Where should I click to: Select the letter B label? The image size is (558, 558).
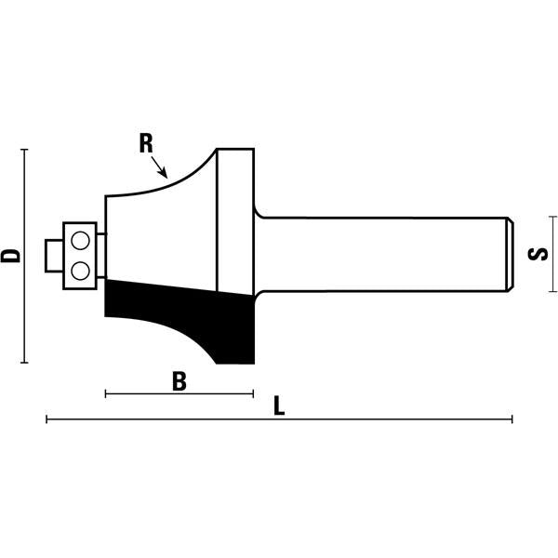(180, 380)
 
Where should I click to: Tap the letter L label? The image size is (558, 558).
(279, 406)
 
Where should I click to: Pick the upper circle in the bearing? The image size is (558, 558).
(80, 240)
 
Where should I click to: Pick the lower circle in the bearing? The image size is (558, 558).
(80, 270)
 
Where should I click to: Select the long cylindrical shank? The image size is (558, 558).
(381, 254)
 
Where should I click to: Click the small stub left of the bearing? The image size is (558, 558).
(53, 254)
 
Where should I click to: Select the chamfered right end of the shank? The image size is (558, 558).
(511, 254)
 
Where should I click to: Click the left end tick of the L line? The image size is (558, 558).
(46, 420)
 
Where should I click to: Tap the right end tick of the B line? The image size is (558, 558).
(253, 394)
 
